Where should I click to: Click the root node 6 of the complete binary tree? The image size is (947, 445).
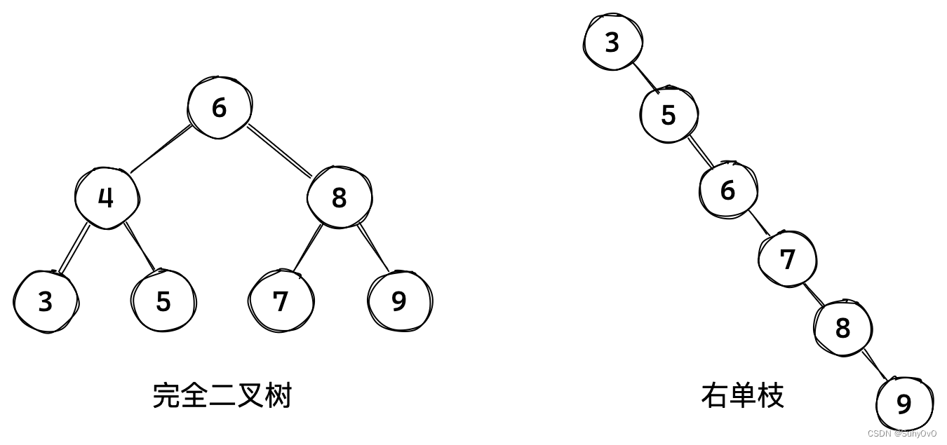tap(220, 108)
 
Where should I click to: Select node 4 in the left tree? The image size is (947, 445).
tap(106, 198)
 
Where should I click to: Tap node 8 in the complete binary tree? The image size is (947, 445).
tap(339, 198)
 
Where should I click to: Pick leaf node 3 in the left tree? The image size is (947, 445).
tap(46, 301)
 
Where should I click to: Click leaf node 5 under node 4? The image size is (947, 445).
tap(163, 301)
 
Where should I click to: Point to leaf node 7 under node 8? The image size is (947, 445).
tap(281, 301)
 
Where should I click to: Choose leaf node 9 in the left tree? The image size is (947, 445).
tap(399, 301)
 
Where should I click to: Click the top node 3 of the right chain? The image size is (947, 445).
tap(612, 42)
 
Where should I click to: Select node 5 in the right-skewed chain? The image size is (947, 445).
tap(669, 114)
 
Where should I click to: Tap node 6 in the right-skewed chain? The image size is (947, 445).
tap(728, 190)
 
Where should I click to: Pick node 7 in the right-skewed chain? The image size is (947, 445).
tap(788, 259)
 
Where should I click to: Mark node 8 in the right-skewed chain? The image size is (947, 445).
tap(842, 327)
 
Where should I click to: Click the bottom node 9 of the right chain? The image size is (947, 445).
tap(904, 404)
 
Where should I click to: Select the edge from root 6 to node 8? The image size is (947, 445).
tap(280, 149)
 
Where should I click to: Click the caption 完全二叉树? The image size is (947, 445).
tap(222, 396)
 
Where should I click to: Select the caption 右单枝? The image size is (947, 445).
tap(742, 396)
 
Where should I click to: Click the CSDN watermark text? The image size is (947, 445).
tap(901, 434)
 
